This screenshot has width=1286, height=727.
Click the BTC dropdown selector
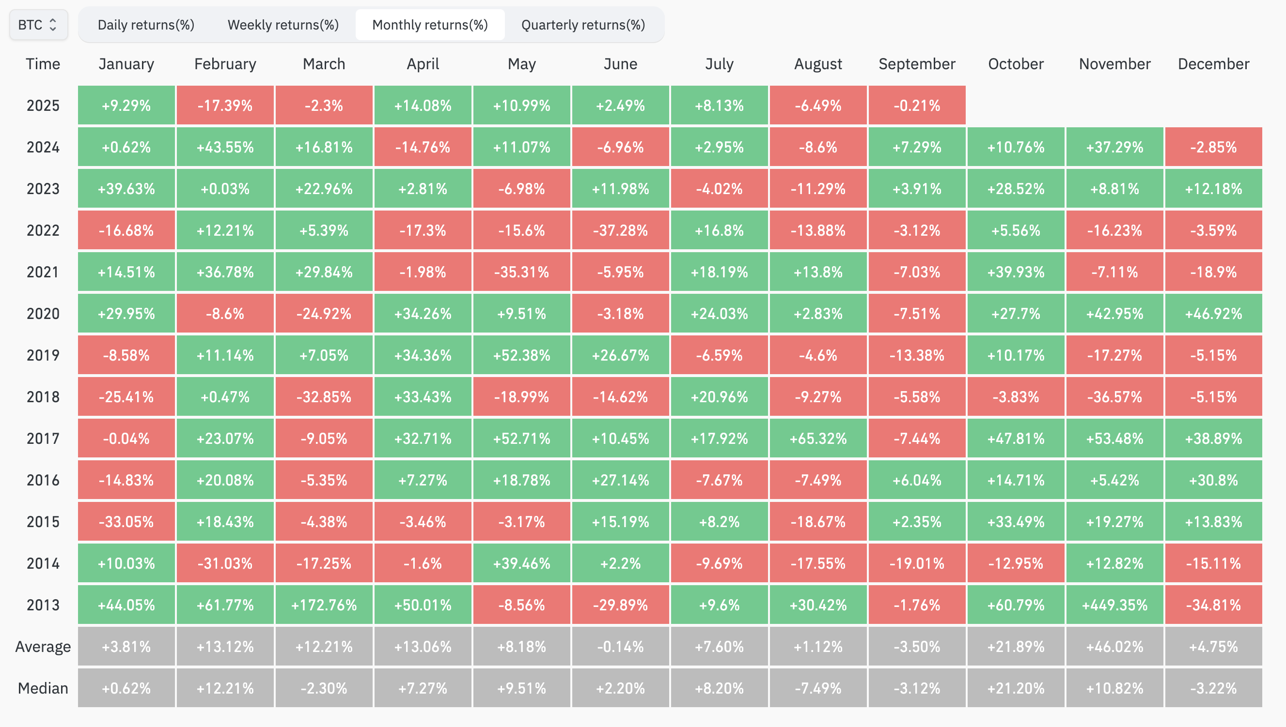point(38,25)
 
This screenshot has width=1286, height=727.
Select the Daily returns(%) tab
point(145,25)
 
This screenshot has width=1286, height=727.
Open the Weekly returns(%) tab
point(283,25)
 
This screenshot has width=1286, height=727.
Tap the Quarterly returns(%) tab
point(583,25)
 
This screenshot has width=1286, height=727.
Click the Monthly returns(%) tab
point(430,25)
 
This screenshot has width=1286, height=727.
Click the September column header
point(917,64)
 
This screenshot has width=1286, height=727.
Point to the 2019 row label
point(43,355)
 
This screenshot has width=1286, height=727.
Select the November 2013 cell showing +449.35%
point(1114,605)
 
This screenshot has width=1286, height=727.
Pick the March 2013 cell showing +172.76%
point(324,605)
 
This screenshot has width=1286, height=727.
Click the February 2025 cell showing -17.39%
point(225,106)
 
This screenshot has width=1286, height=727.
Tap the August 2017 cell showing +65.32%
point(818,439)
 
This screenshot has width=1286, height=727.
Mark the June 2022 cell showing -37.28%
point(620,230)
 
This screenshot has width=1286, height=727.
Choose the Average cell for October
point(1016,647)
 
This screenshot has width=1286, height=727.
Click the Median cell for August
point(818,688)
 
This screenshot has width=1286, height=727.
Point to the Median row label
point(43,688)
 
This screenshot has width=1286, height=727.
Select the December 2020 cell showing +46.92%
point(1213,314)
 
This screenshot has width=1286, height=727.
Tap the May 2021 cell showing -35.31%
point(521,272)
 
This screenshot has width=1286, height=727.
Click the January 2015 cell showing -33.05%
point(126,522)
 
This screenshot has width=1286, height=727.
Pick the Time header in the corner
point(43,64)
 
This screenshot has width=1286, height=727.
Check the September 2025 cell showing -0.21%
point(917,106)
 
